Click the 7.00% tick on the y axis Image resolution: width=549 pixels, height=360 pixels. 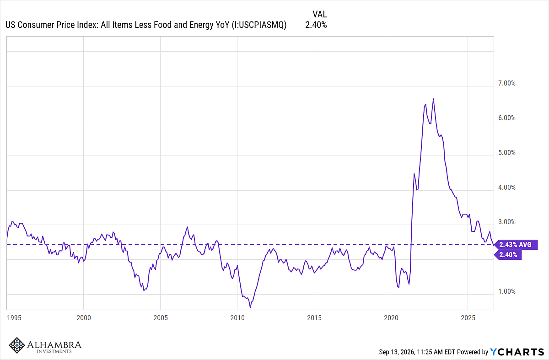click(506, 83)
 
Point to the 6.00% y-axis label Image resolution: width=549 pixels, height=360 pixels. click(506, 118)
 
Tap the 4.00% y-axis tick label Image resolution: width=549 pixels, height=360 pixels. click(506, 188)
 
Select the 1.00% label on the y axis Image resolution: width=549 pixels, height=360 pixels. click(506, 291)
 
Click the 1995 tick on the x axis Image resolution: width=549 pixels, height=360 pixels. click(14, 318)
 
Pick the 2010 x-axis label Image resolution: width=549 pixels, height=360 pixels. click(237, 318)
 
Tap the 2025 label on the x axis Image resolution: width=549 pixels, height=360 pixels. click(468, 318)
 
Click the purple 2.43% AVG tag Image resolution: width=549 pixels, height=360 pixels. click(516, 245)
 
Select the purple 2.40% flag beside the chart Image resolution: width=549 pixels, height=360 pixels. click(507, 255)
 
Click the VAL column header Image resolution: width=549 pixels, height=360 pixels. click(320, 15)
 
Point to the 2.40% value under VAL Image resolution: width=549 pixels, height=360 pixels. click(316, 25)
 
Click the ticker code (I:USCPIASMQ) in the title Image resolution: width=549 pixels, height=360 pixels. click(259, 25)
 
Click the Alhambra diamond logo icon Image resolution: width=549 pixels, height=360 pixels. click(16, 345)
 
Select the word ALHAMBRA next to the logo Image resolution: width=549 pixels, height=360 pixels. click(54, 344)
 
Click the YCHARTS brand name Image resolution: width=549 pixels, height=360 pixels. click(517, 352)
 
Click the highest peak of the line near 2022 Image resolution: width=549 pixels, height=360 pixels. click(433, 99)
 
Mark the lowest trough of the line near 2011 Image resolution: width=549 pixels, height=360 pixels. click(250, 307)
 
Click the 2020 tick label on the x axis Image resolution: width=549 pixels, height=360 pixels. click(391, 318)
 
